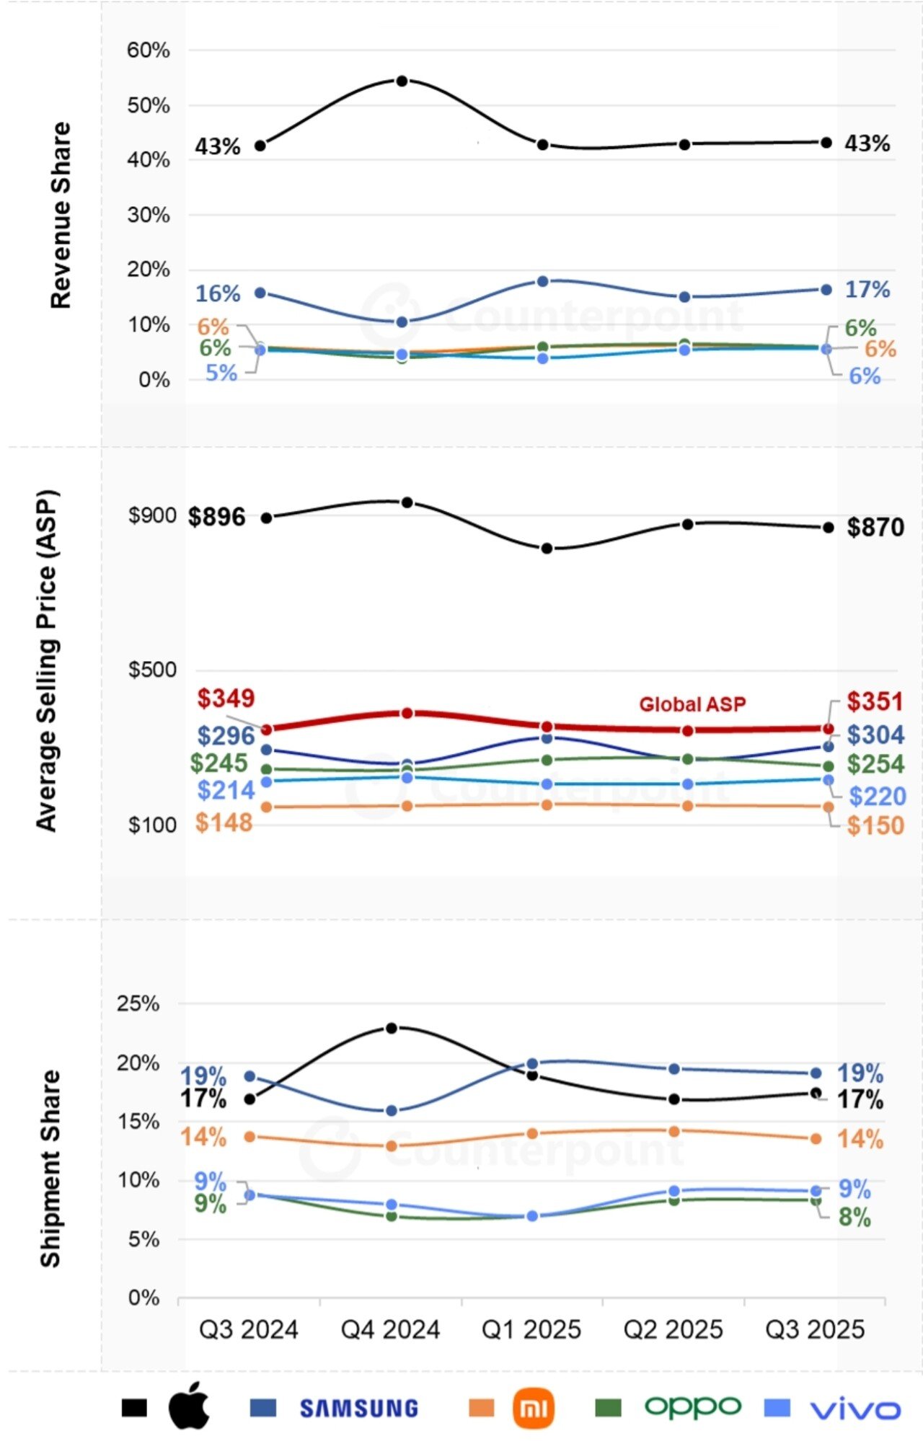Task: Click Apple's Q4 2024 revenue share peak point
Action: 402,81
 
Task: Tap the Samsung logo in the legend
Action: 358,1409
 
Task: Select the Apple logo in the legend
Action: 189,1406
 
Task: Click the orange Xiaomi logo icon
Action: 533,1408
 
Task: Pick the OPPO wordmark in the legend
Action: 692,1406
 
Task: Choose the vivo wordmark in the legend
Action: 855,1410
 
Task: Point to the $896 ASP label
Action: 216,517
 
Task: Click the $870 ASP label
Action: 875,527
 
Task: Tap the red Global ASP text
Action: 692,704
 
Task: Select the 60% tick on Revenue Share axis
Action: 149,50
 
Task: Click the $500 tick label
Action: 152,670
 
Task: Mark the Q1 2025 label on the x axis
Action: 531,1329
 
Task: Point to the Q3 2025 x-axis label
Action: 815,1329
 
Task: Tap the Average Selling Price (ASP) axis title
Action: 47,661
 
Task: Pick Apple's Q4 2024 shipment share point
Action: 392,1028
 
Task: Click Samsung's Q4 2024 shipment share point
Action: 392,1111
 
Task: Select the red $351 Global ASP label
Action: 874,701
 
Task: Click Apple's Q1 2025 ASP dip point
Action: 547,549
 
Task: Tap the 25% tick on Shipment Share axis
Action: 138,1003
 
